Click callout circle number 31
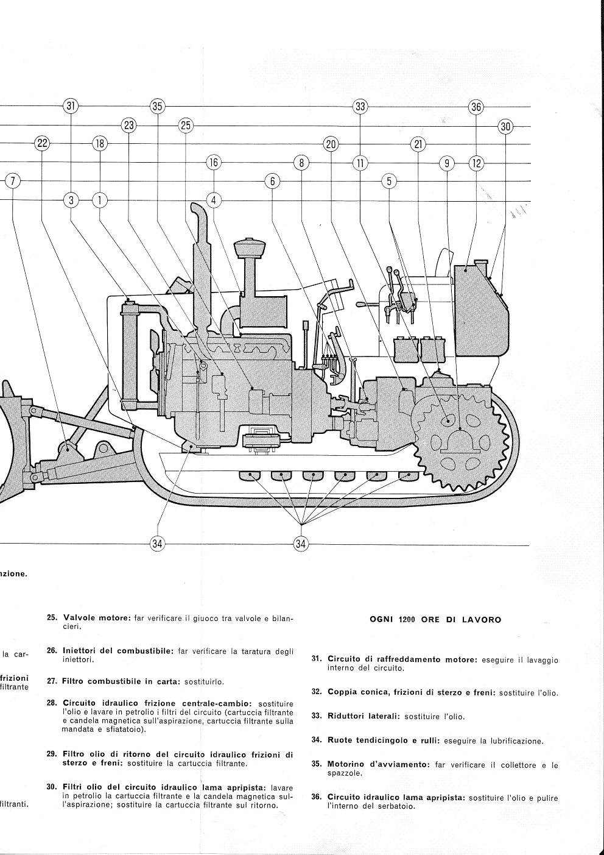71,106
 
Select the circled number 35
158,106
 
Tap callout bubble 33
360,107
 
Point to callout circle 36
476,107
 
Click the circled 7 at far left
13,181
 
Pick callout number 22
42,144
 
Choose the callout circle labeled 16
213,162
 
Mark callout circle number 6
272,181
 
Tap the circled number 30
505,126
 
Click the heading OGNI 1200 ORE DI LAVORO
435,620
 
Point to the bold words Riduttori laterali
363,717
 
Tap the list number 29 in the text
52,754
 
